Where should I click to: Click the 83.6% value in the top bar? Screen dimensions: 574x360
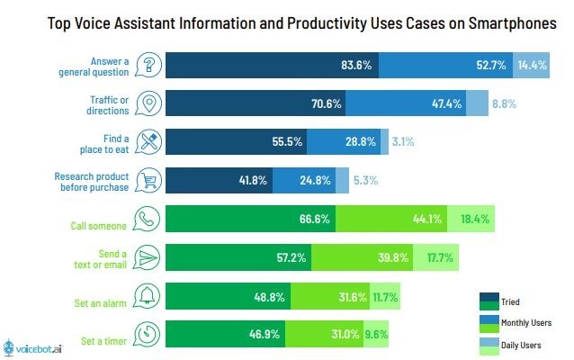[x=356, y=65]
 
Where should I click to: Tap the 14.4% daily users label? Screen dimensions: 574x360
[x=532, y=65]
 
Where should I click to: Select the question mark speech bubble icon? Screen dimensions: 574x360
[x=148, y=65]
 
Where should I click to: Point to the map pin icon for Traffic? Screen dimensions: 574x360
[x=148, y=103]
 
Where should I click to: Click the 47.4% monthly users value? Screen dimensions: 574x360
[x=446, y=103]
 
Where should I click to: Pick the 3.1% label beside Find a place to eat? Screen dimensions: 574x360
[x=403, y=141]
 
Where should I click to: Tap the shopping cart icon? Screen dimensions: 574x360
[x=148, y=180]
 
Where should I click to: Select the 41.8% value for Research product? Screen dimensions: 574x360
[x=253, y=180]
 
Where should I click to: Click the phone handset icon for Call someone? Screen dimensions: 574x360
[x=147, y=219]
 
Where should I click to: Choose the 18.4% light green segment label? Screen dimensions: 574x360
[x=475, y=219]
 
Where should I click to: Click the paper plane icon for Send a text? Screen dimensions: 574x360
[x=147, y=257]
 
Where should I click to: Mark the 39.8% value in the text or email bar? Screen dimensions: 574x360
[x=393, y=257]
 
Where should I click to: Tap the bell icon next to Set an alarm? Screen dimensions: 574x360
[x=147, y=296]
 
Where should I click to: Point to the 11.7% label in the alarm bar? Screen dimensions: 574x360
[x=385, y=297]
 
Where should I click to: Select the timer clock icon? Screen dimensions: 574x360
[x=147, y=334]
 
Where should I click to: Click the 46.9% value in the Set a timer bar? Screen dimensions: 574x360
[x=265, y=334]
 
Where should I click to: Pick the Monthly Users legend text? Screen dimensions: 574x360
[x=526, y=322]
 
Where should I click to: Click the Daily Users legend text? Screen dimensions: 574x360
[x=521, y=345]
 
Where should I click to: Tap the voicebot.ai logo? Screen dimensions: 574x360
[x=33, y=347]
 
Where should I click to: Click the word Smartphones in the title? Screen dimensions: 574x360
[x=513, y=23]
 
